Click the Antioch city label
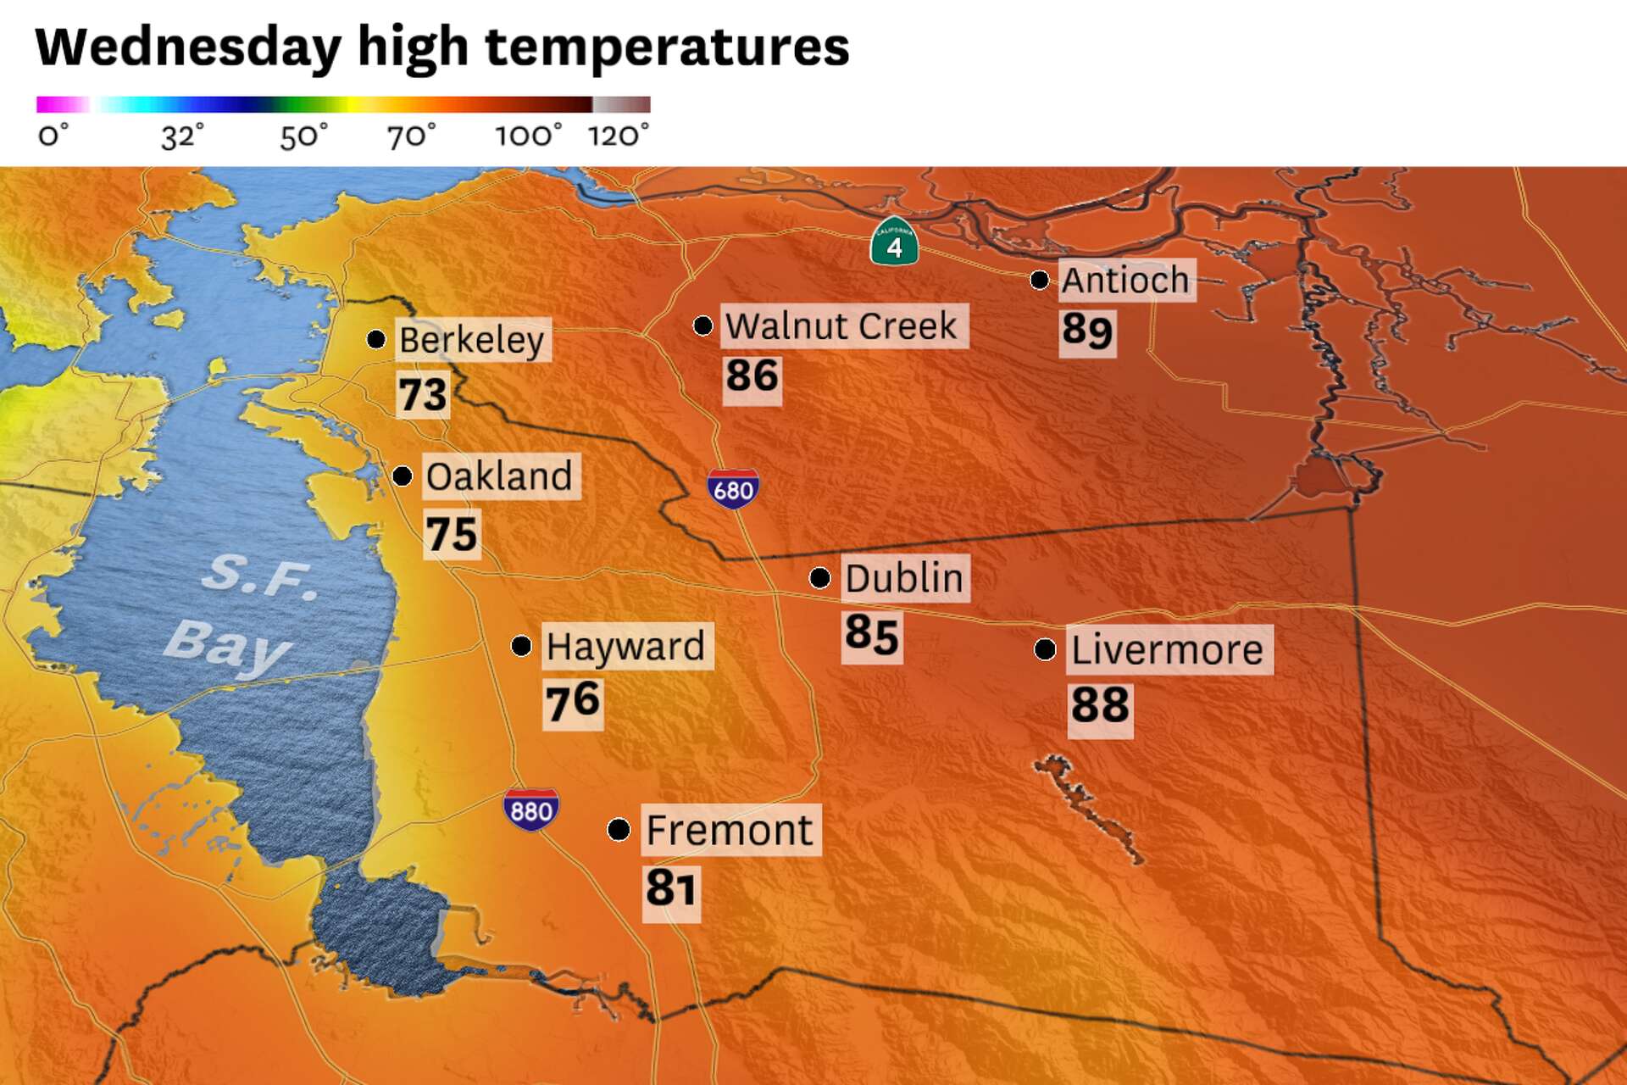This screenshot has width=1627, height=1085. (x=1125, y=280)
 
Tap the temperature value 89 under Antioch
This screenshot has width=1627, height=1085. (x=1087, y=330)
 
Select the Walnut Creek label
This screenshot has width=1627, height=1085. (x=841, y=325)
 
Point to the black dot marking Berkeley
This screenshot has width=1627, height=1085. (x=376, y=339)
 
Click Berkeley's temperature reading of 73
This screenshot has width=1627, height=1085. (x=422, y=394)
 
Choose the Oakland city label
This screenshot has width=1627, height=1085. (x=499, y=476)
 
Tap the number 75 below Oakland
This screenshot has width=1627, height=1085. (x=452, y=534)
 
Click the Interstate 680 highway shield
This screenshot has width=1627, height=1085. (x=733, y=488)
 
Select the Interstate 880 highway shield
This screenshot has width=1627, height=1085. (x=530, y=810)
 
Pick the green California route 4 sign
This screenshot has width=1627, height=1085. (x=894, y=242)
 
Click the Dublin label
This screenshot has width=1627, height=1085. (x=904, y=578)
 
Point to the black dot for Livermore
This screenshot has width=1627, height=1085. (x=1045, y=649)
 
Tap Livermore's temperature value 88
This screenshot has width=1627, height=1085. (x=1100, y=704)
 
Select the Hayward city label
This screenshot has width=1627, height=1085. (x=625, y=646)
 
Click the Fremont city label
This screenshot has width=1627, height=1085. (x=730, y=829)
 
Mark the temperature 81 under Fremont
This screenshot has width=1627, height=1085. (x=670, y=887)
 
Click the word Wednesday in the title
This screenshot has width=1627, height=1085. (x=188, y=47)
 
